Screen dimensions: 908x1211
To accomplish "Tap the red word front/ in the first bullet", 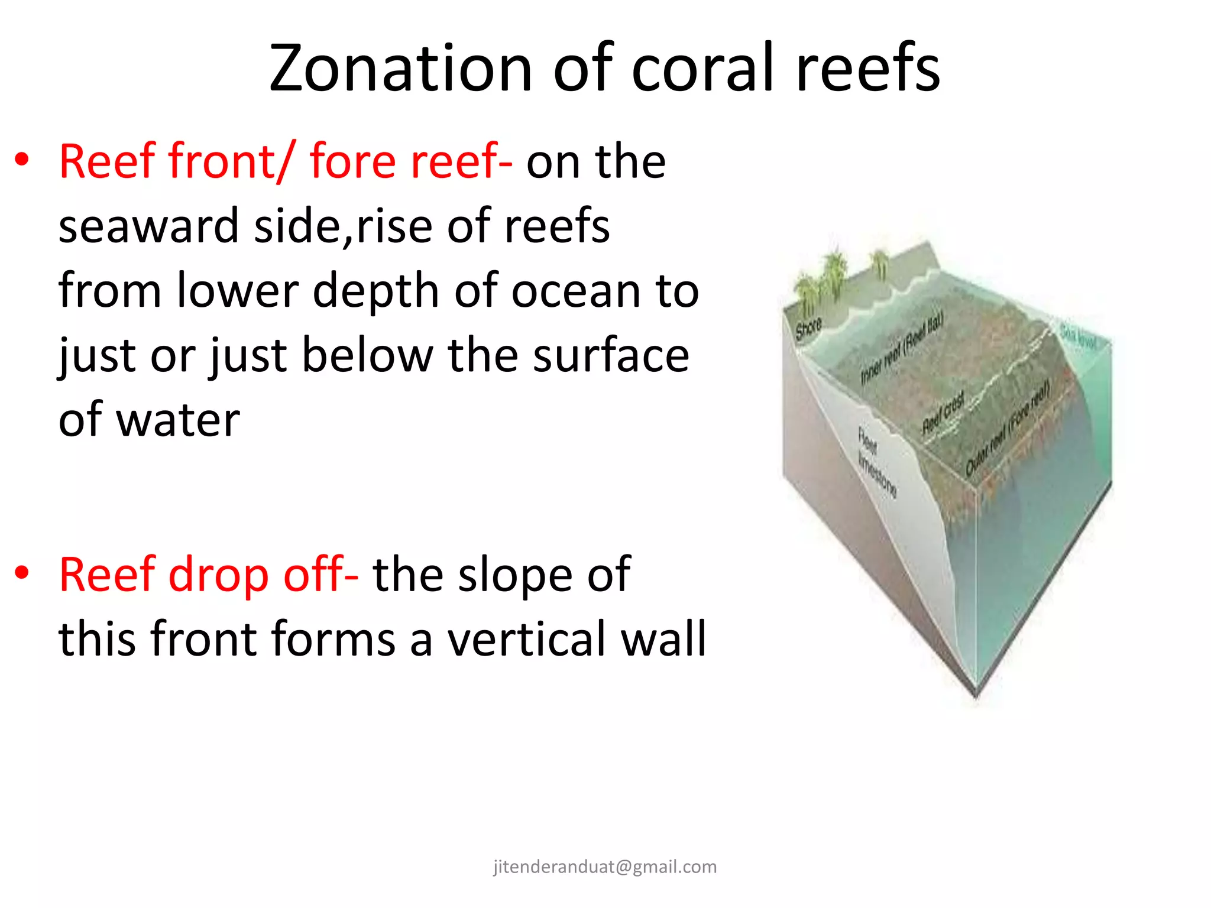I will tap(230, 161).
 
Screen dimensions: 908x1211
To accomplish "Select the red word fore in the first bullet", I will tap(353, 161).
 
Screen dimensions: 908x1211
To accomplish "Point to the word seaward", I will tap(148, 226).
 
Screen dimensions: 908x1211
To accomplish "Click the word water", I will tap(178, 420).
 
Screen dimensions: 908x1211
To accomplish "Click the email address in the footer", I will tap(605, 867).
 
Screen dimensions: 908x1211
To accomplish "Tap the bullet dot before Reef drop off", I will tap(22, 573).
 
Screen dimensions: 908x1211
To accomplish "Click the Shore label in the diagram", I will tap(808, 329).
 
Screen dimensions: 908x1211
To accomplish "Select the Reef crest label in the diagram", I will tap(944, 412).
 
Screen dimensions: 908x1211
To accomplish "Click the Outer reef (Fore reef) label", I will tap(1008, 428).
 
